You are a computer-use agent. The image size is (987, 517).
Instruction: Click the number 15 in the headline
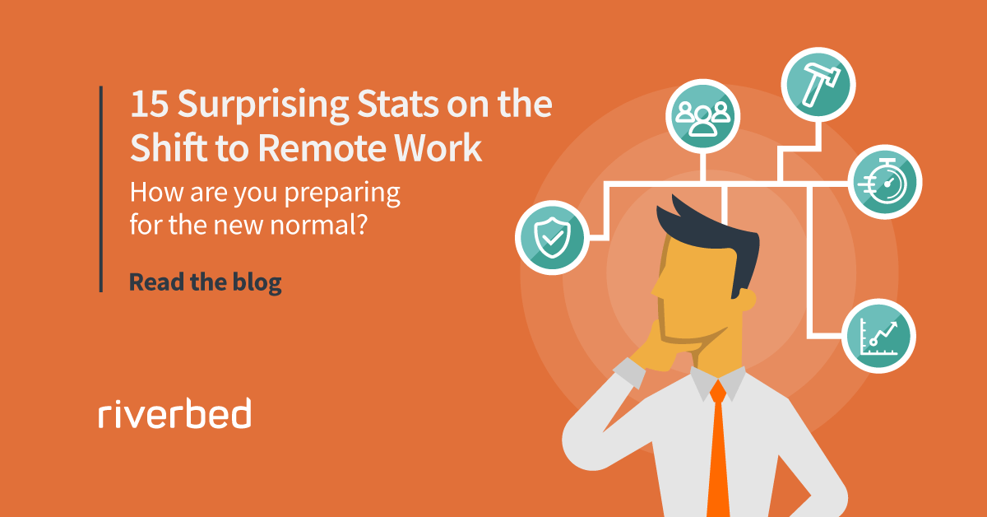149,104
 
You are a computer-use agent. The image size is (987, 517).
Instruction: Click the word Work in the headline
437,147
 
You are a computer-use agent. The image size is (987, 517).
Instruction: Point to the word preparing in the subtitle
342,194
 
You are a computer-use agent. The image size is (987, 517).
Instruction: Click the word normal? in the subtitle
318,225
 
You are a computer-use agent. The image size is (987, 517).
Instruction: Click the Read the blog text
206,282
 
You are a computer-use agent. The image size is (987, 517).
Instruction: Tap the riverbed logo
175,413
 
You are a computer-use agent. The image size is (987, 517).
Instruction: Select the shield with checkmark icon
552,237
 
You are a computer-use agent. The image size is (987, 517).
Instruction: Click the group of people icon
702,116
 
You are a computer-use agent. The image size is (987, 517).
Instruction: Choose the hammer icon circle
818,85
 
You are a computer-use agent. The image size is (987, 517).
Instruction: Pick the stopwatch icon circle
885,182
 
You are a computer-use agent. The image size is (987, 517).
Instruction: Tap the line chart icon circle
878,336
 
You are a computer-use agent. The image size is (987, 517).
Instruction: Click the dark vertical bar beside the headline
101,189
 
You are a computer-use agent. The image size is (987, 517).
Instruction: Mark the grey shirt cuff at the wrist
628,373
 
